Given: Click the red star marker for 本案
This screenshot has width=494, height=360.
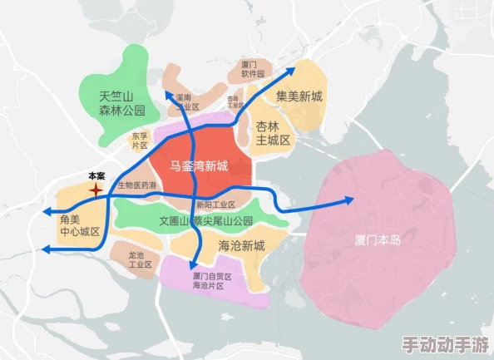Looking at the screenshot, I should pos(96,190).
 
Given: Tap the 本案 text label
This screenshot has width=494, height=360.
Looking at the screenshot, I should pos(96,175).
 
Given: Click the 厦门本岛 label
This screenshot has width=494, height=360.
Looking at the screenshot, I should pos(377,239).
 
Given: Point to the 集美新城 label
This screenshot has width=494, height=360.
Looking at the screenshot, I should pos(299,96).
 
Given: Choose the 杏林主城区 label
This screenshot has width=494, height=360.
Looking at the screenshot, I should pos(273,133).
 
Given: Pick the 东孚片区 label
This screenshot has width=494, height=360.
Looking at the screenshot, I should pos(139,141).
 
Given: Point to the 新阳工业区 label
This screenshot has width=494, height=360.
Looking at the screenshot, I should pos(216,205).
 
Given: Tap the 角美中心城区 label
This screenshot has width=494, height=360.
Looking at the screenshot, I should pos(80,224).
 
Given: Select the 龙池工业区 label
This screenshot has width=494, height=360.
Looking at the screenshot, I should pos(140,259).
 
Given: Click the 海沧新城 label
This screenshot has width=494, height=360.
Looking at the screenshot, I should pos(241,245).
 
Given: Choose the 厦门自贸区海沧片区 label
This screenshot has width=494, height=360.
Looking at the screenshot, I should pos(211,280).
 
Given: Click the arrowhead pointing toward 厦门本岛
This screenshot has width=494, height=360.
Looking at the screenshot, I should pos(348,200).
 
